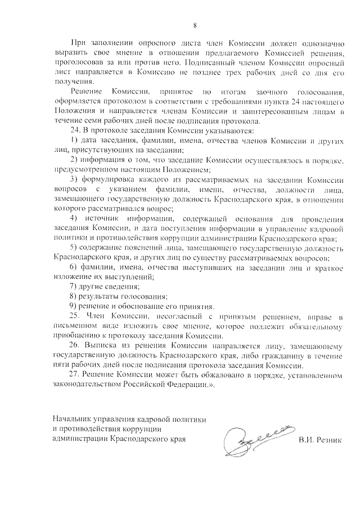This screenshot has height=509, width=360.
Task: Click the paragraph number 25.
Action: (76, 317)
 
